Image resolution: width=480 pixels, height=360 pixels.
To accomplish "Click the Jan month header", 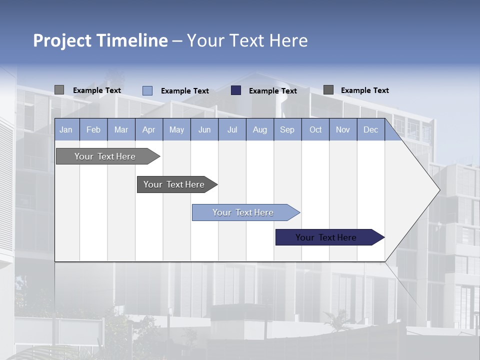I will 66,130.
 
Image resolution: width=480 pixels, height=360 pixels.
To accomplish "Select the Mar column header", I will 121,130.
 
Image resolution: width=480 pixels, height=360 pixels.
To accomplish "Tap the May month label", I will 176,130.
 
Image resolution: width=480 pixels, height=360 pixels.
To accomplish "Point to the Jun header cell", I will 204,130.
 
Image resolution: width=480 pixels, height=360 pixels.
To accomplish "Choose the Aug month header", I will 259,130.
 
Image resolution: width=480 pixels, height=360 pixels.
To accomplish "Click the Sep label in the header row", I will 287,130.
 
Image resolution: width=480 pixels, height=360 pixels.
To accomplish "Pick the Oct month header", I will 315,130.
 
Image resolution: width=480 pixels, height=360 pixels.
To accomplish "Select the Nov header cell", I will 342,130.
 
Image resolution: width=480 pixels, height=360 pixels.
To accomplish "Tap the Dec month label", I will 370,130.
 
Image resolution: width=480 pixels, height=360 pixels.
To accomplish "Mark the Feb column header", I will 93,130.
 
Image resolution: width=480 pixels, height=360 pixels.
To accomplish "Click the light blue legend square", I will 147,90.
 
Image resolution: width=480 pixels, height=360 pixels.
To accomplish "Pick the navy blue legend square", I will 236,90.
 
